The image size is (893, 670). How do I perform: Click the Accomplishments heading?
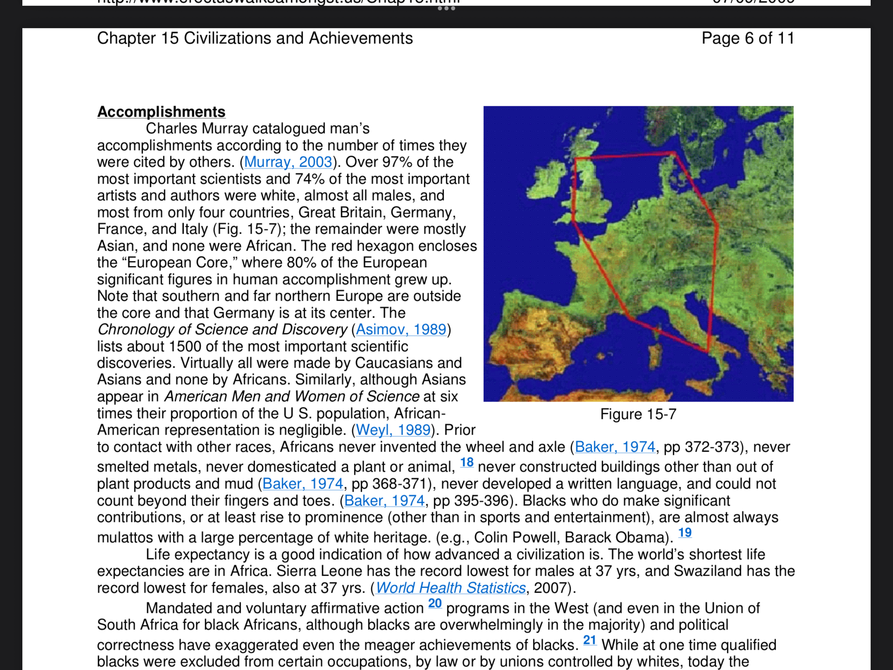click(x=161, y=112)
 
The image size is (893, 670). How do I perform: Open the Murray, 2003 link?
click(x=288, y=162)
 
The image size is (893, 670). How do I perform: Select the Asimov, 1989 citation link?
click(x=401, y=329)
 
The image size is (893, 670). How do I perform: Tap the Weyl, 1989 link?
click(x=393, y=430)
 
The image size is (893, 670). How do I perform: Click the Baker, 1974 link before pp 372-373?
click(x=615, y=447)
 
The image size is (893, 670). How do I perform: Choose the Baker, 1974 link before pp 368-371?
click(x=303, y=483)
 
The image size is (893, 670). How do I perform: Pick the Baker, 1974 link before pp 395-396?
click(x=384, y=500)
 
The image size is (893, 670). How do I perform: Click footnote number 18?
click(x=467, y=462)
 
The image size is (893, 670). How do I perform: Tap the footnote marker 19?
click(x=685, y=532)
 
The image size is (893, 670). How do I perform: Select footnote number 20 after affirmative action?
click(x=435, y=603)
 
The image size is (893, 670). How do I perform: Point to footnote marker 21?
click(x=590, y=640)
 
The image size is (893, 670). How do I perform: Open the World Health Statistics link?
click(x=451, y=588)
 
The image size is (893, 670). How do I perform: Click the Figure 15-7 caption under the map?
click(x=638, y=414)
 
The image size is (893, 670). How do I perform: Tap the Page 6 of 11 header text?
click(x=747, y=38)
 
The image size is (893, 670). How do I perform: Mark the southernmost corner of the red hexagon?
click(x=708, y=352)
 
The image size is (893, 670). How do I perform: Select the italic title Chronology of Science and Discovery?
click(x=222, y=329)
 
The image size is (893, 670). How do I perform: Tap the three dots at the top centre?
click(x=446, y=8)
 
